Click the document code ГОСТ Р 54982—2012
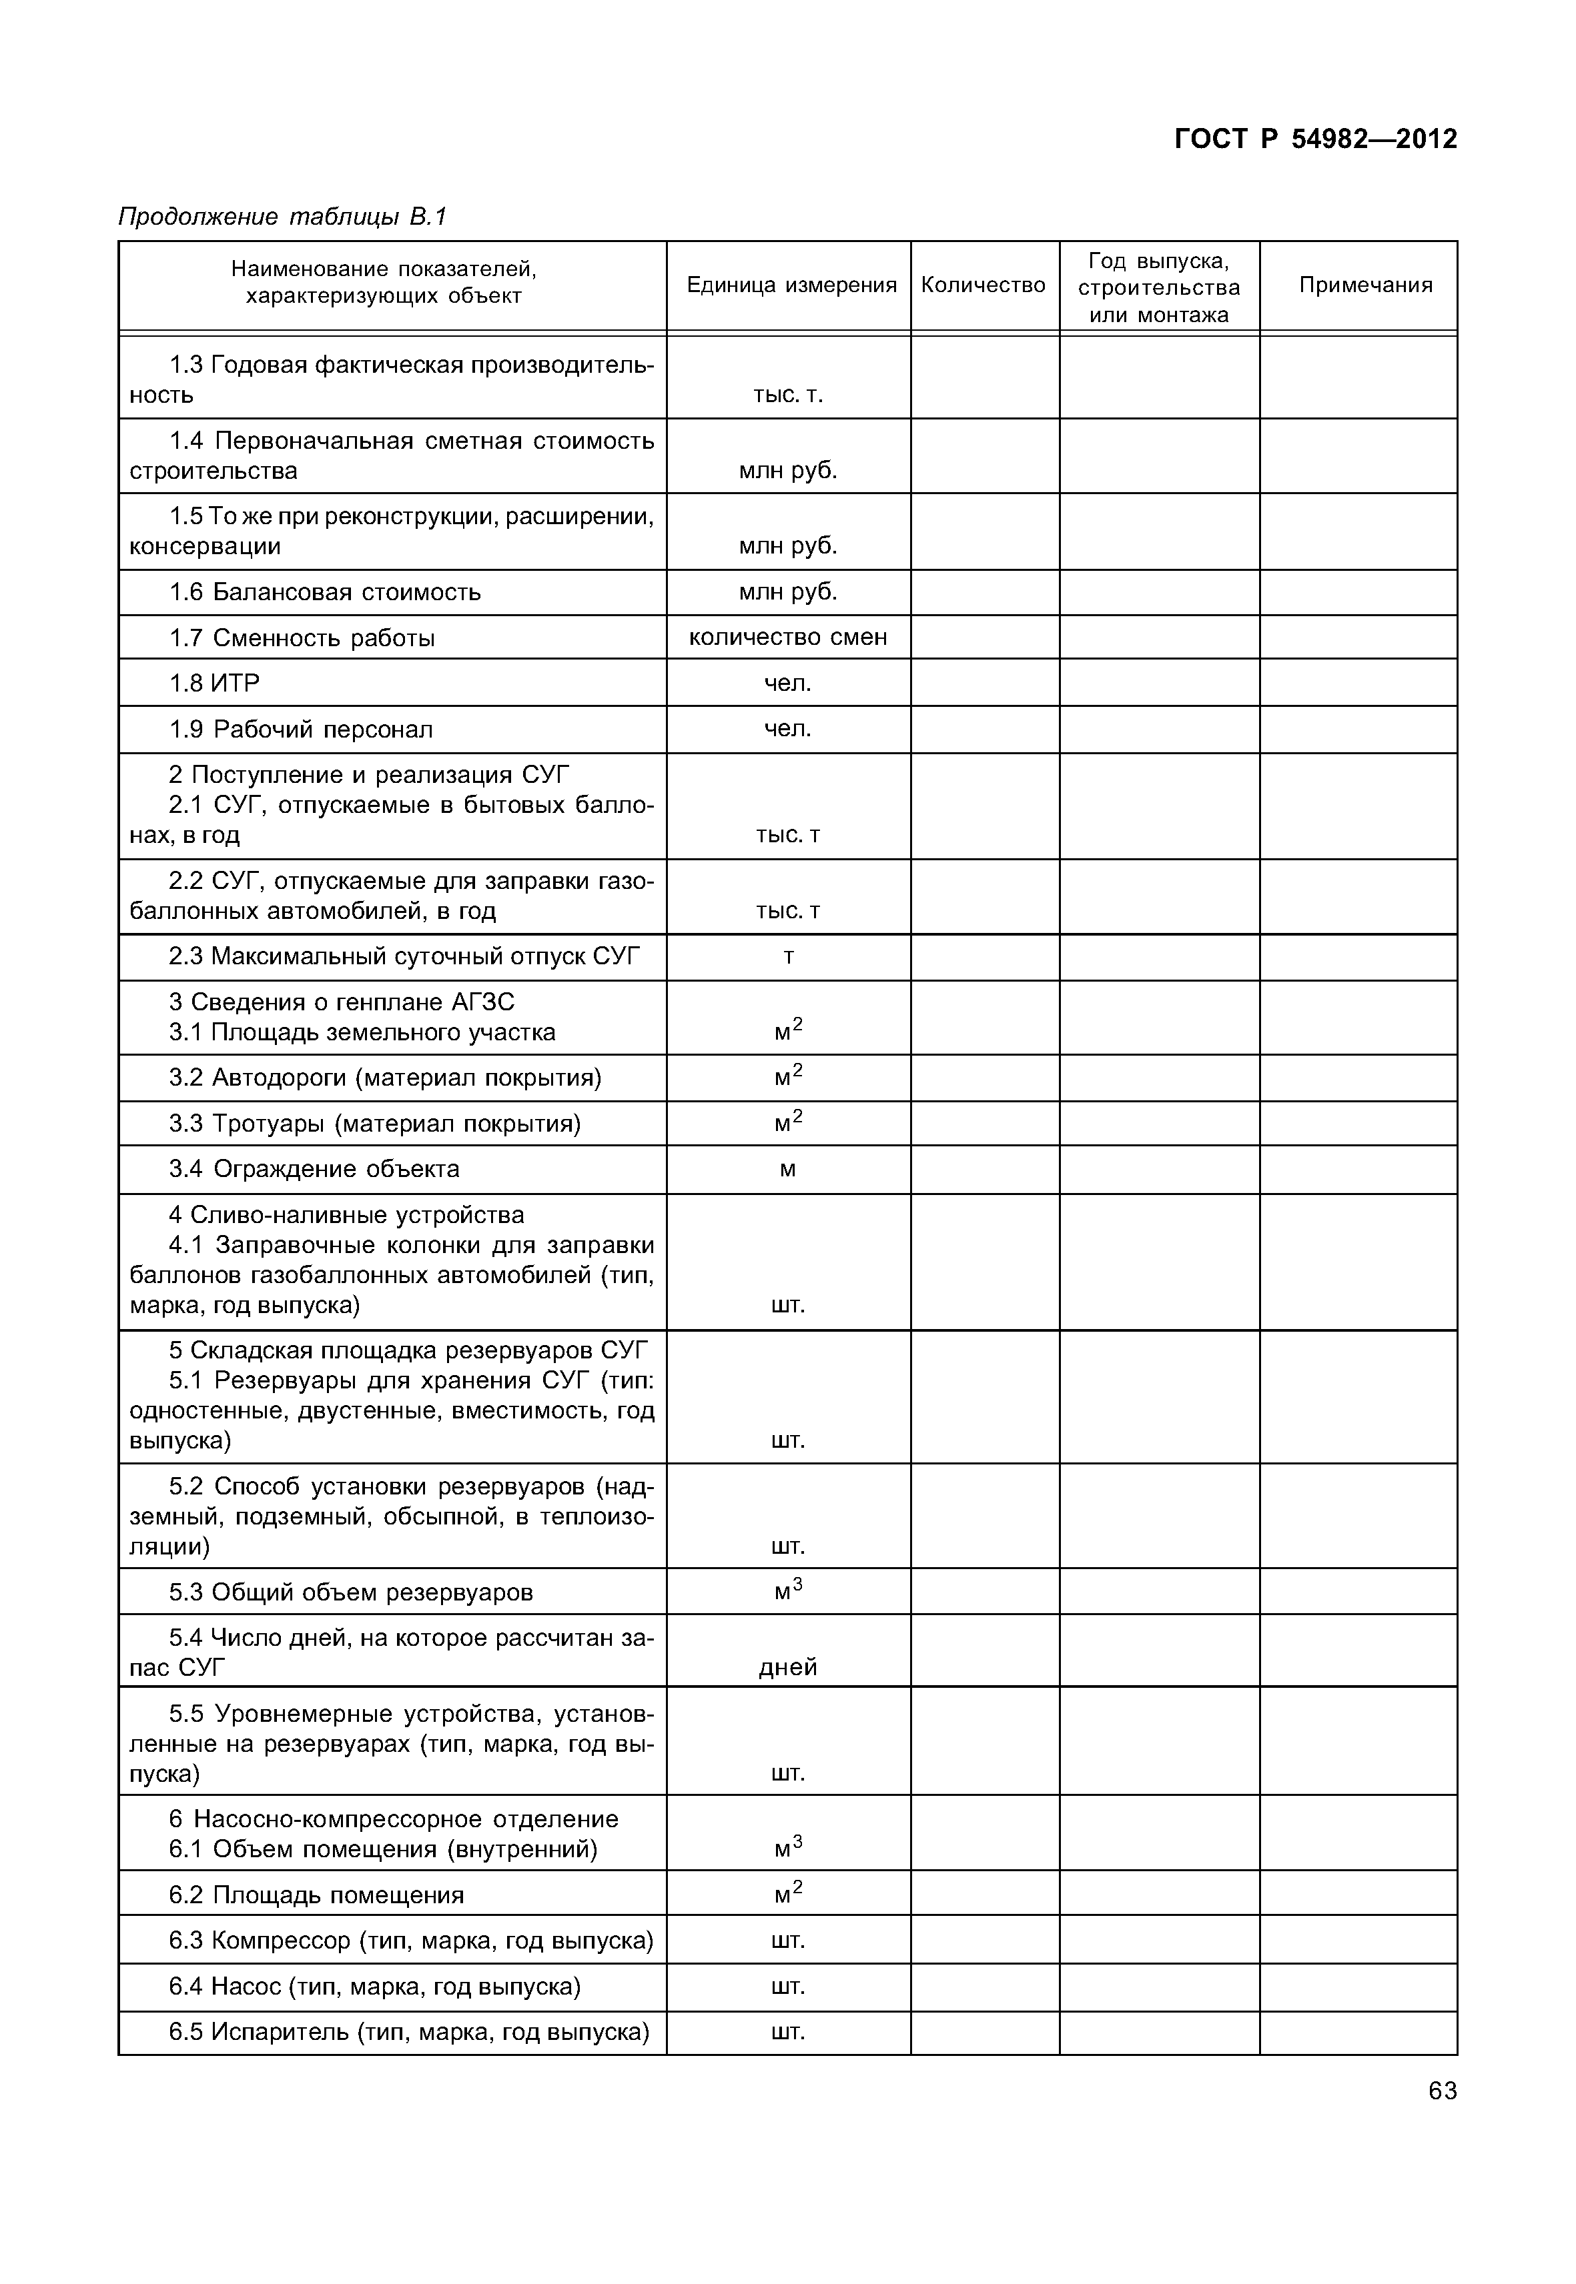coord(1314,139)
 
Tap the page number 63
coord(1442,2091)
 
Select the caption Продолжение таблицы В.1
coord(282,216)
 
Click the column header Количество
coord(983,285)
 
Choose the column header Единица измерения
coord(791,285)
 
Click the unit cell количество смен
coord(787,638)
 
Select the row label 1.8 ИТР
coord(214,683)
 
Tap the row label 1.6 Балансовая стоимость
coord(325,592)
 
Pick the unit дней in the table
coord(787,1667)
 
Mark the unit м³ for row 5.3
coord(787,1591)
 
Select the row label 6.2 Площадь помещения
coord(316,1895)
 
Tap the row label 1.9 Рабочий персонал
coord(301,730)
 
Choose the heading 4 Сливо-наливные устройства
coord(346,1215)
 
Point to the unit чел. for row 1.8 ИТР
coord(787,683)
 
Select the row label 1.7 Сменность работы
coord(302,638)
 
